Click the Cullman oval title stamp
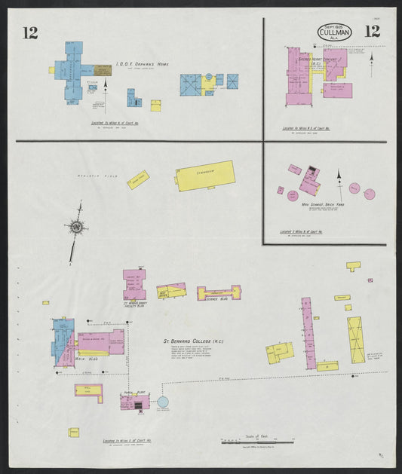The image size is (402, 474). (x=334, y=32)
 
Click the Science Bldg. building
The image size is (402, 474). (x=218, y=293)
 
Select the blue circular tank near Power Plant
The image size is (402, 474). (x=163, y=402)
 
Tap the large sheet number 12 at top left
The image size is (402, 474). (x=30, y=32)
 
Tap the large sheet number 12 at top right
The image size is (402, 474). (x=372, y=32)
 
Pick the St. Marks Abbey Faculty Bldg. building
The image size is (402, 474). (x=134, y=284)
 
